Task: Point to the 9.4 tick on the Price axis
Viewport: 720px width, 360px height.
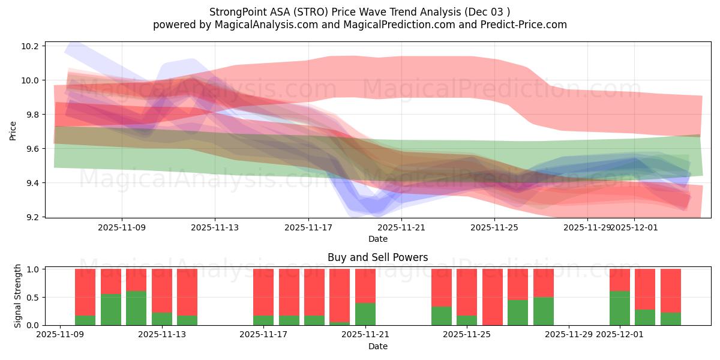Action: [x=33, y=183]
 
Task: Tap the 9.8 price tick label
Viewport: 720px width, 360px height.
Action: [x=33, y=115]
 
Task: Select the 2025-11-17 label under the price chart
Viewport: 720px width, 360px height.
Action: [x=308, y=228]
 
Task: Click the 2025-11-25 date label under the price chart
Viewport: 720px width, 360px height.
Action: [x=494, y=228]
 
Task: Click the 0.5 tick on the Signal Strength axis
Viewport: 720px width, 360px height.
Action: [x=33, y=298]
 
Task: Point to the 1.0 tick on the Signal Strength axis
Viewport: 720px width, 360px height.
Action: [x=33, y=269]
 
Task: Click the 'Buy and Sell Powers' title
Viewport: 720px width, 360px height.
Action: [x=377, y=257]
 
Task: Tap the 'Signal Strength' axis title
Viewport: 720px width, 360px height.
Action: [x=18, y=296]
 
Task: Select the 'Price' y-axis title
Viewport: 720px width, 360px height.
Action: [x=13, y=130]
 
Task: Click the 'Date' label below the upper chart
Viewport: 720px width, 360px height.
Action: [x=377, y=239]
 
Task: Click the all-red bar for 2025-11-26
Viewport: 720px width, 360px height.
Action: [x=493, y=297]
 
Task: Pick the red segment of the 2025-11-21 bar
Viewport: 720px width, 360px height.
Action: [x=365, y=286]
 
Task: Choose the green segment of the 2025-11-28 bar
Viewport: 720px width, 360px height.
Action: [x=544, y=311]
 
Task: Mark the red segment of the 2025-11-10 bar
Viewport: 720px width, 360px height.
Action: [x=85, y=292]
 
